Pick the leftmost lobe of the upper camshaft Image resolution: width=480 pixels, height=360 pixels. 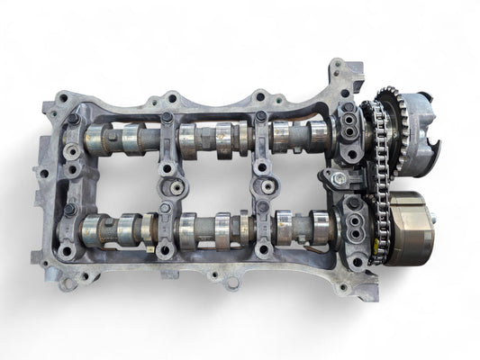[96, 140]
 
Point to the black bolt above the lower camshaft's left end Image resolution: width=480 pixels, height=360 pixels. [69, 209]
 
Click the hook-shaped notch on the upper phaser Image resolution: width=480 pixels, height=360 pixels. [434, 144]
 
